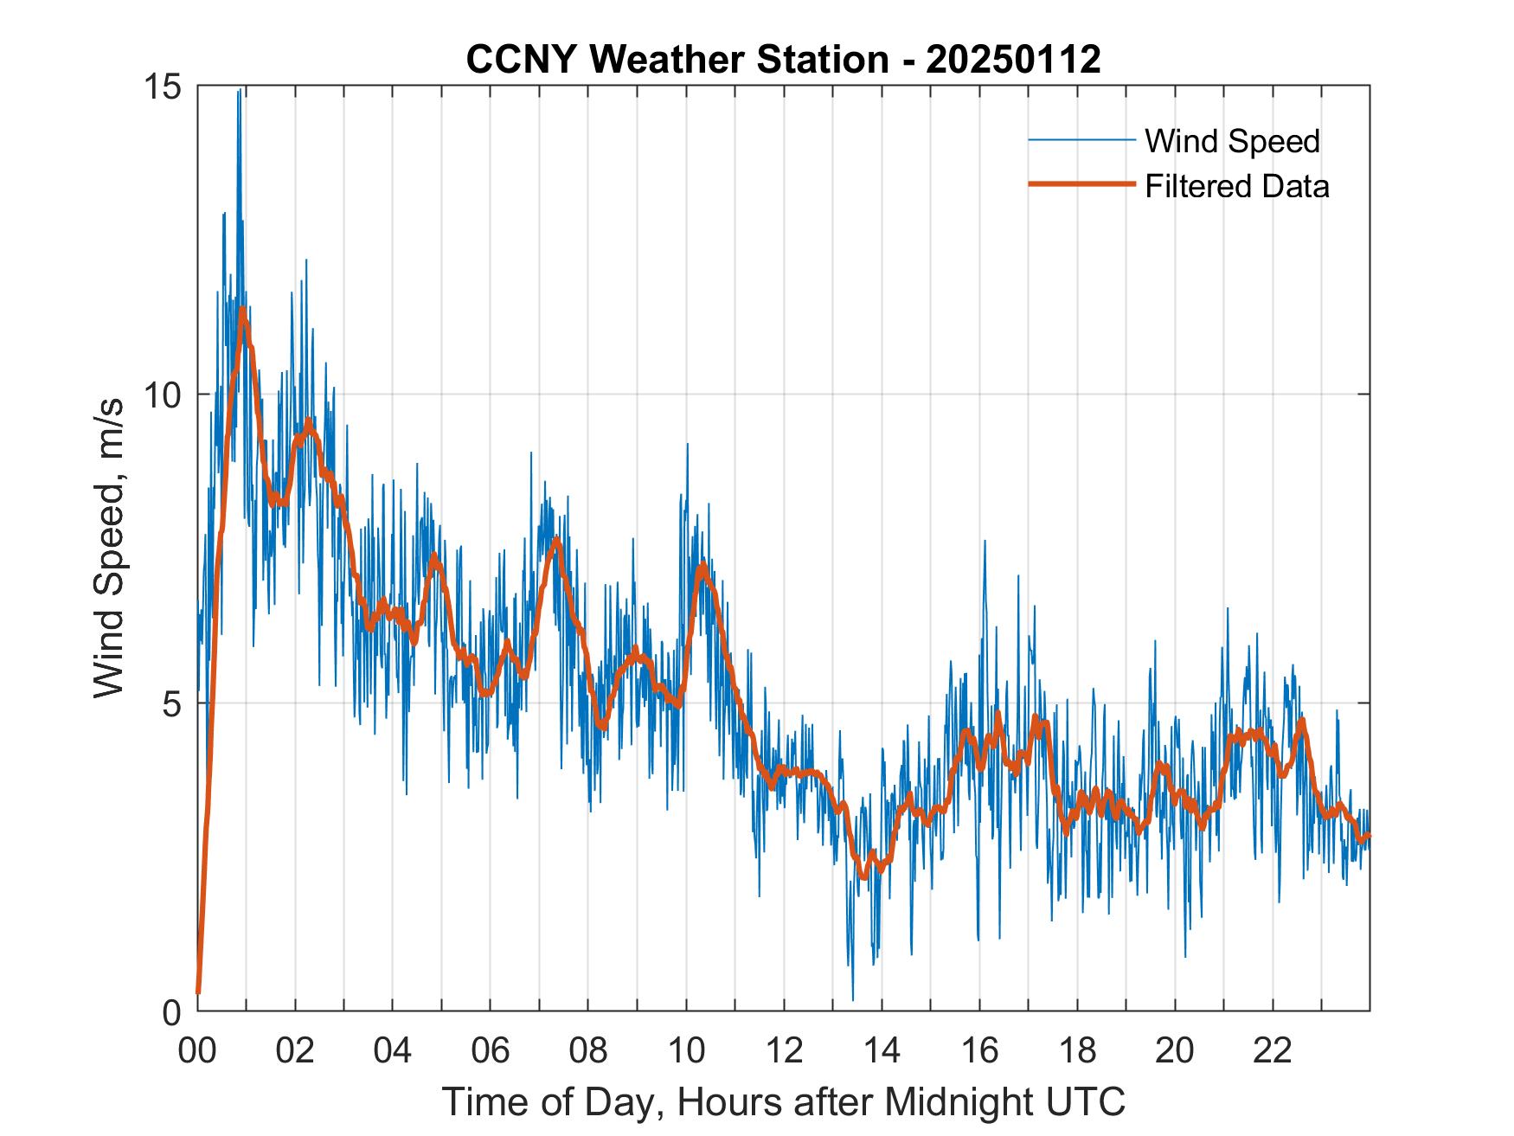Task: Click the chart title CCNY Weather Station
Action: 677,60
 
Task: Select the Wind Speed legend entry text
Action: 1232,141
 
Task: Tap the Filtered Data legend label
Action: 1236,186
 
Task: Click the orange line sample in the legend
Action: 1081,184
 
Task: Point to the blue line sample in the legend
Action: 1081,140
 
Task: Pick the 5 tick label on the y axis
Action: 174,703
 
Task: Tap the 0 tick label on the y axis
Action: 174,1011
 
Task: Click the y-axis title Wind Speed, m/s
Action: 111,548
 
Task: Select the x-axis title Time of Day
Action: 784,1101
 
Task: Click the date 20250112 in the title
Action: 1013,60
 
